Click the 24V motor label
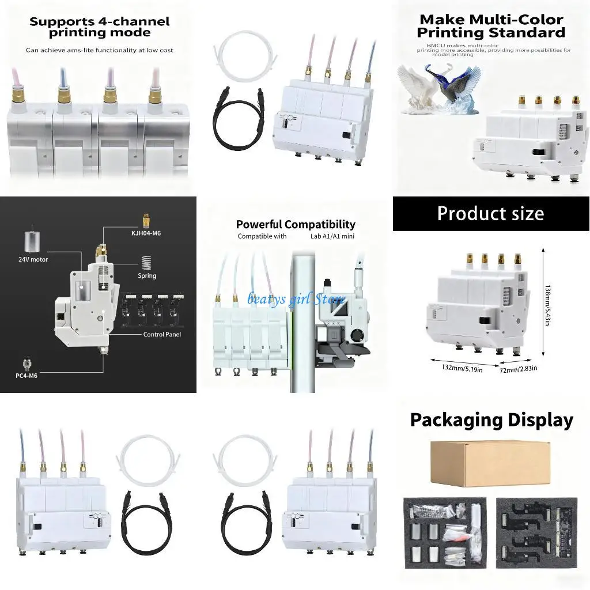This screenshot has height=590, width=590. [32, 259]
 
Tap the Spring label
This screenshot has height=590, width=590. [147, 275]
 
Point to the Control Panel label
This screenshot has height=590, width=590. [162, 334]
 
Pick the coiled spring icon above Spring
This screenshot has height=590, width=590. [147, 262]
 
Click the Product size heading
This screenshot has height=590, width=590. [490, 214]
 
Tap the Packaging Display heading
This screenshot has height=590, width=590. [491, 420]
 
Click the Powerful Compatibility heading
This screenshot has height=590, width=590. [295, 224]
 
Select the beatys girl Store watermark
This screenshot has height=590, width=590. [296, 299]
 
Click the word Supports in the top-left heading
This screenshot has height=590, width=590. [62, 22]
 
